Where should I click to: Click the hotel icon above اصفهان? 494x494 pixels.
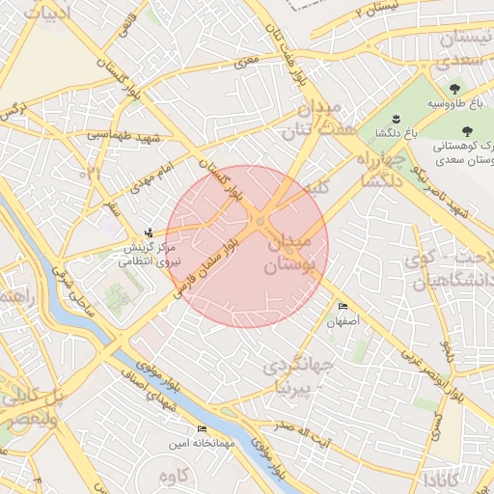[x=343, y=307]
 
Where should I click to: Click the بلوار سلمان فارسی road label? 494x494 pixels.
[x=201, y=270]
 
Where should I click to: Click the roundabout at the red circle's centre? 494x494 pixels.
[x=260, y=224]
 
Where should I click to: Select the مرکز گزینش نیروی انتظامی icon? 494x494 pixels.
[x=148, y=233]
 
